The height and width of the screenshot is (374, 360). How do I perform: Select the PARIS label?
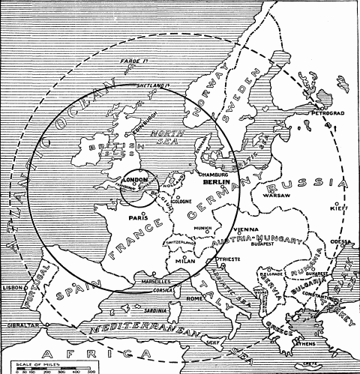pos(136,219)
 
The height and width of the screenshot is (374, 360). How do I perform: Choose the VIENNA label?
pos(245,229)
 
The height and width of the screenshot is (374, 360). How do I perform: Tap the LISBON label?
pos(13,287)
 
